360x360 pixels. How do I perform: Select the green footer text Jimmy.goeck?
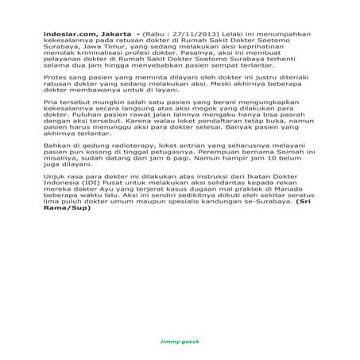pyautogui.click(x=180, y=340)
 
